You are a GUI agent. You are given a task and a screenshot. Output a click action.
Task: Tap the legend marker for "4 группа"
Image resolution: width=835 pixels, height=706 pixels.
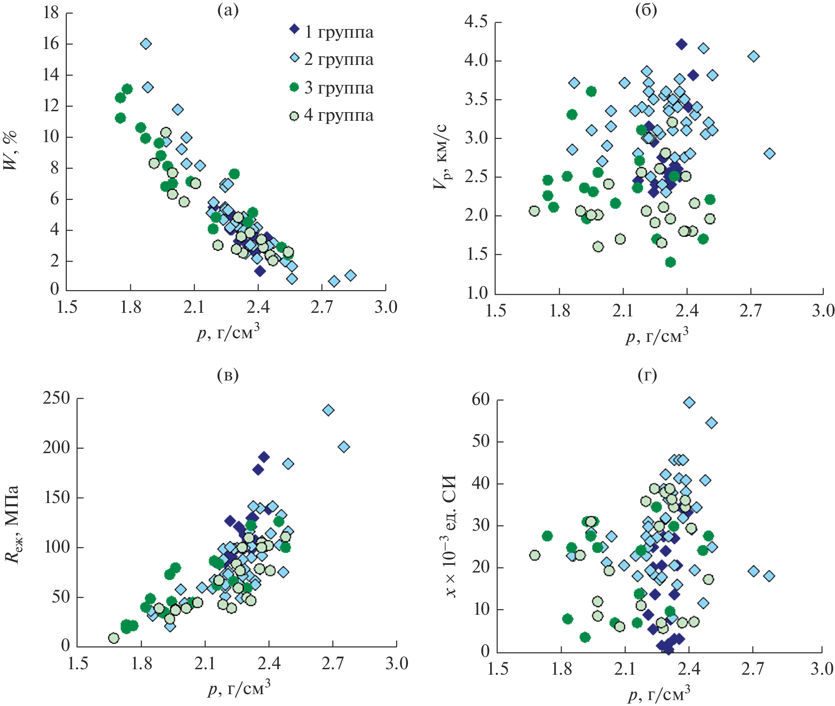click(294, 116)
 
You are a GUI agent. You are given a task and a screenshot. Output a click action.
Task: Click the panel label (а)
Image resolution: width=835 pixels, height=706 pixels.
click(228, 10)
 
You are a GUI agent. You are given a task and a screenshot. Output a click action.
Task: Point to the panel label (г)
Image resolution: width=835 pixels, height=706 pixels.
click(647, 375)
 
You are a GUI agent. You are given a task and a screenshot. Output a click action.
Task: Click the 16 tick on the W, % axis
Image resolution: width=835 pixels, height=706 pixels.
click(51, 44)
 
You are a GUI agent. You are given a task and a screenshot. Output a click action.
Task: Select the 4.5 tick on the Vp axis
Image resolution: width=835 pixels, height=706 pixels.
click(476, 21)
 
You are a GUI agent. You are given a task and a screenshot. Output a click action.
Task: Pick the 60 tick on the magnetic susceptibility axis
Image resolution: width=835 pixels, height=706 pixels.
click(481, 400)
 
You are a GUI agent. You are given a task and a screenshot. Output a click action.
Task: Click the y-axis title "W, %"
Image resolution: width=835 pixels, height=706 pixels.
click(10, 150)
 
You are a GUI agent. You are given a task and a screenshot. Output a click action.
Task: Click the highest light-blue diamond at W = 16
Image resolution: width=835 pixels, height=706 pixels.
click(146, 44)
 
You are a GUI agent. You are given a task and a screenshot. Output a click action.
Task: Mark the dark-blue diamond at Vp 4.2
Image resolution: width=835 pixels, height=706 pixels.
click(681, 44)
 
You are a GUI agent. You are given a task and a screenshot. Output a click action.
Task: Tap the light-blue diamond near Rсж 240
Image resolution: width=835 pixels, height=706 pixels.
click(328, 410)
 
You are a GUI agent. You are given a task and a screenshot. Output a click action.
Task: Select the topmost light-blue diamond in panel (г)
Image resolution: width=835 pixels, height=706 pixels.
click(689, 402)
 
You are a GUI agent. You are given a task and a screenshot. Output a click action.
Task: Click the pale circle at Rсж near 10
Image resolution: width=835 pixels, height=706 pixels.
click(114, 638)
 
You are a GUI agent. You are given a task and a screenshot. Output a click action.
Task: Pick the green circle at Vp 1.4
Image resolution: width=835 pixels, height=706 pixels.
click(670, 262)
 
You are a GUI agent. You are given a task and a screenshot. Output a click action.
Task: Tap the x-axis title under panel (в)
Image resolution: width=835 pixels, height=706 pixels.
click(239, 688)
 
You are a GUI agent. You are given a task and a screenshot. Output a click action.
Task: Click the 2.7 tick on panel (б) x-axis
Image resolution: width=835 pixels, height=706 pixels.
click(751, 311)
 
